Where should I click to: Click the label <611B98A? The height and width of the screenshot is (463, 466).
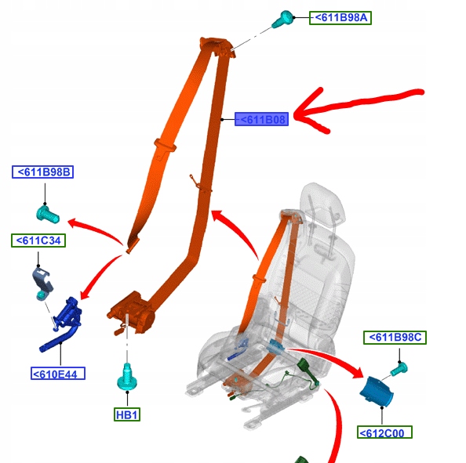pyautogui.click(x=340, y=18)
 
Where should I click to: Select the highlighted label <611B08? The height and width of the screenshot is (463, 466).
pyautogui.click(x=261, y=119)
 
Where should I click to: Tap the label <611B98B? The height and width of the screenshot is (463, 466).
pyautogui.click(x=43, y=172)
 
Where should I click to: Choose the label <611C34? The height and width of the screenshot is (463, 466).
pyautogui.click(x=38, y=241)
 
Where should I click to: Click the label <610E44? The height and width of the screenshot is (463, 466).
pyautogui.click(x=58, y=374)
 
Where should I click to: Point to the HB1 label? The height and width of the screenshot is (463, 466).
pyautogui.click(x=127, y=414)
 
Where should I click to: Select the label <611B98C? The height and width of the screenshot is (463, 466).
pyautogui.click(x=395, y=338)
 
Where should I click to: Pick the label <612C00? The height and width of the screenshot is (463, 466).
pyautogui.click(x=384, y=432)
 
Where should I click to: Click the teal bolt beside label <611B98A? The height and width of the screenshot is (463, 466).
pyautogui.click(x=282, y=19)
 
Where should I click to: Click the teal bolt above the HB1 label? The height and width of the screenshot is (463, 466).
pyautogui.click(x=127, y=376)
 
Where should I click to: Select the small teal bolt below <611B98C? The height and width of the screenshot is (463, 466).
pyautogui.click(x=399, y=370)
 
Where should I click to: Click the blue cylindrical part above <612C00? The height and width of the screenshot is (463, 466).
pyautogui.click(x=377, y=392)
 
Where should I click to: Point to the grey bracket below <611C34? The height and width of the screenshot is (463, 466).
pyautogui.click(x=42, y=283)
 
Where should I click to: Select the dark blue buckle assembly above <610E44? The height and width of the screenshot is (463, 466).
pyautogui.click(x=63, y=324)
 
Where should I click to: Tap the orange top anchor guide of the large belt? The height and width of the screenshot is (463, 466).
pyautogui.click(x=217, y=46)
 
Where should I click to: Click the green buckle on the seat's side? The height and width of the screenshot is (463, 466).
pyautogui.click(x=308, y=371)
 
